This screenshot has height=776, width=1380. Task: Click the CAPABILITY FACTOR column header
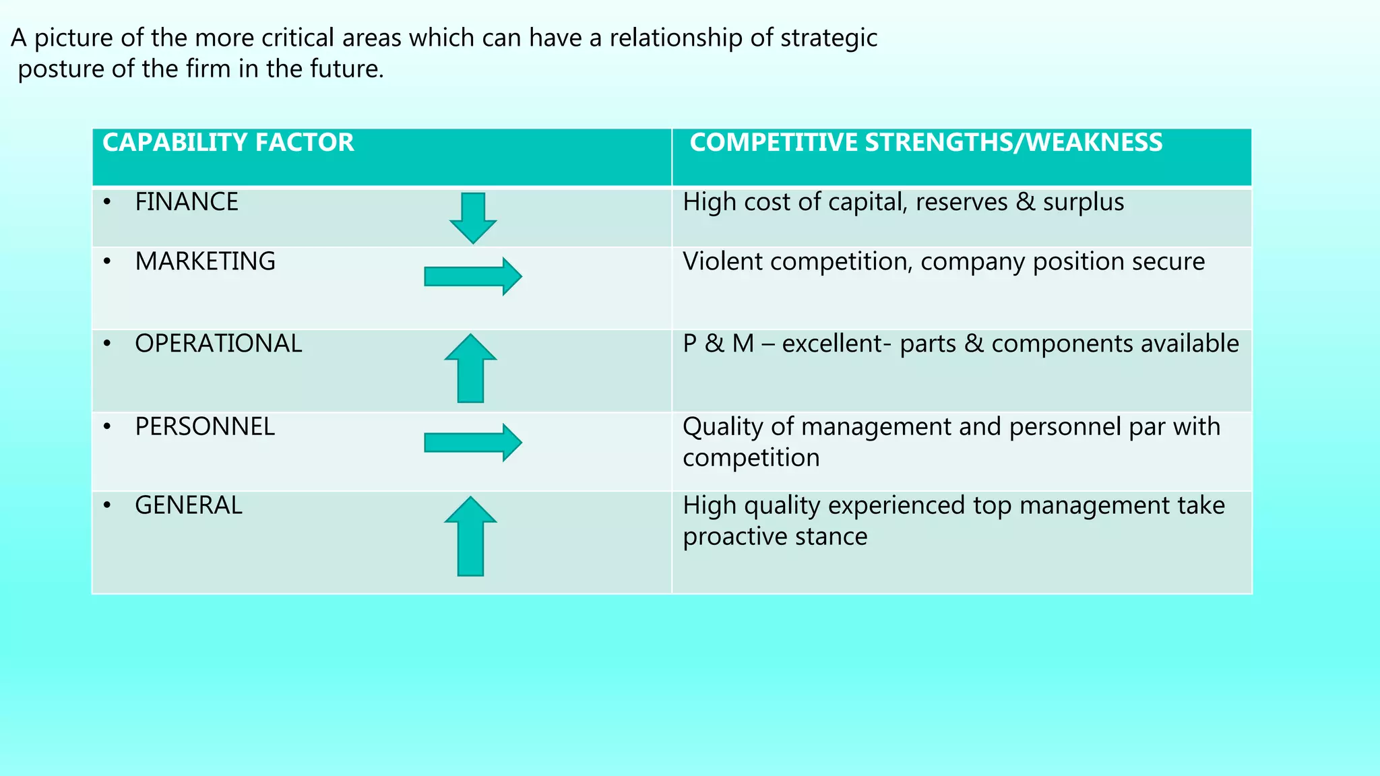pos(228,143)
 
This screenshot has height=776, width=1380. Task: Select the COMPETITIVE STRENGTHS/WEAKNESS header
pos(926,143)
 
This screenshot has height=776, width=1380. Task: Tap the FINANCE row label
pos(187,202)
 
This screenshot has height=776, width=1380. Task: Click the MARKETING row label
pos(205,261)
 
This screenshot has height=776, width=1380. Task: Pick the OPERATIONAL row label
pos(218,344)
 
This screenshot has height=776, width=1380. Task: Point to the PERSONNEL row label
pos(205,426)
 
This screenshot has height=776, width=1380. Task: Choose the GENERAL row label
pos(189,505)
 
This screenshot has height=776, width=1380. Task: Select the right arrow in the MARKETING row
pos(472,276)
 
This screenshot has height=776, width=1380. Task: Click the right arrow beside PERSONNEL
pos(472,443)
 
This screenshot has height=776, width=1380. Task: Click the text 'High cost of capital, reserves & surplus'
pos(903,202)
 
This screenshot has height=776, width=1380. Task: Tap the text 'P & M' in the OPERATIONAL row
pos(718,344)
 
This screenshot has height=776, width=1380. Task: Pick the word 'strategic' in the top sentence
pos(829,38)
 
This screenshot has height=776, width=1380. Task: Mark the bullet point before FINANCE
pos(107,201)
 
